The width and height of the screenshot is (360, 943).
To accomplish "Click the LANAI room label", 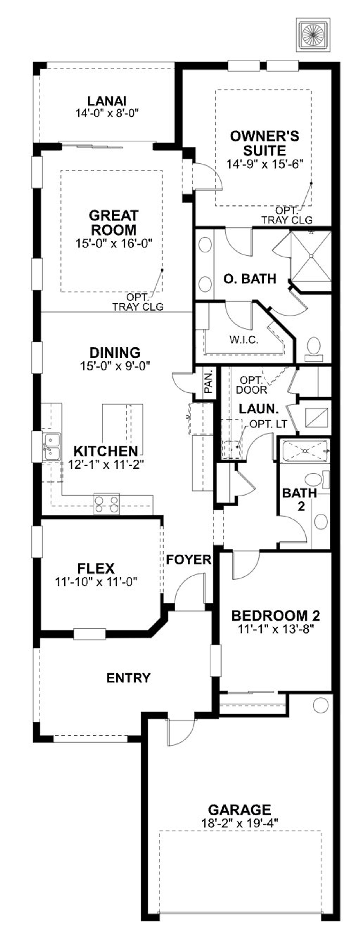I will (107, 101).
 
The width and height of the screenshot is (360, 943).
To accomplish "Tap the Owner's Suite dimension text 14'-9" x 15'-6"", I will (265, 164).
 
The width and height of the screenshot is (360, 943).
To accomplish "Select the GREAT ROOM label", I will (114, 222).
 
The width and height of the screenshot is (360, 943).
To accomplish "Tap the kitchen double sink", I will (51, 447).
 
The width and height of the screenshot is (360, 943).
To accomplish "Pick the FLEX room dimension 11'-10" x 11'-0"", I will (96, 581).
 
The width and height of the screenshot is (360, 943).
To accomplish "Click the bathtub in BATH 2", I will (305, 451).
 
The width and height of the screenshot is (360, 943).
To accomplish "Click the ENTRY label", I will (128, 678).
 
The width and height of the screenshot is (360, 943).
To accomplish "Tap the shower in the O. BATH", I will (310, 256).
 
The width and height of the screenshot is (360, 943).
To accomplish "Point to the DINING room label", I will (115, 352).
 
